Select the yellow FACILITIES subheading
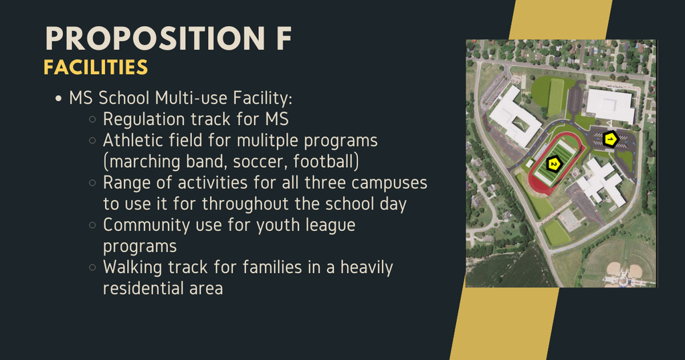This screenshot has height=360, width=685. pyautogui.click(x=96, y=68)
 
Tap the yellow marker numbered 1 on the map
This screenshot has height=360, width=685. pyautogui.click(x=609, y=139)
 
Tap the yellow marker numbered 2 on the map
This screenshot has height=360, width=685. pyautogui.click(x=554, y=164)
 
